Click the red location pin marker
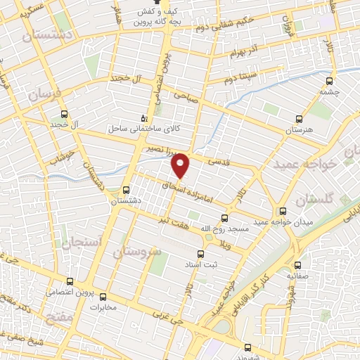pyautogui.click(x=181, y=164)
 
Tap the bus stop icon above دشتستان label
pyautogui.click(x=126, y=189)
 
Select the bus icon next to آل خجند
pyautogui.click(x=65, y=114)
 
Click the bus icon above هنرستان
pyautogui.click(x=299, y=120)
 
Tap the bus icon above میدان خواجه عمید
pyautogui.click(x=283, y=211)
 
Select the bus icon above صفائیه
pyautogui.click(x=298, y=265)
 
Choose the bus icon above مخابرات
pyautogui.click(x=104, y=296)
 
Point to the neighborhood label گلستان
pyautogui.click(x=312, y=200)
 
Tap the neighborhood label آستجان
pyautogui.click(x=82, y=243)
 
